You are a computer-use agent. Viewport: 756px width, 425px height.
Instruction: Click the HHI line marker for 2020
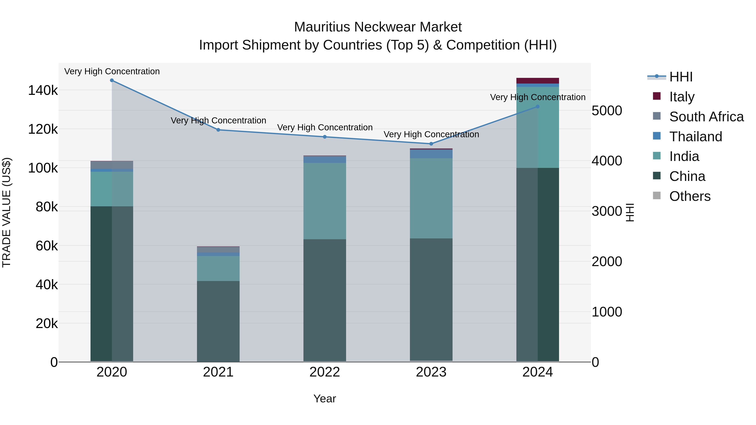(x=112, y=80)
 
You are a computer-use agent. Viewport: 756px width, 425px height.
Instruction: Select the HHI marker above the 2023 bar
(x=431, y=144)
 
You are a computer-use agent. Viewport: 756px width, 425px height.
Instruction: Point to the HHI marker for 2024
(x=538, y=107)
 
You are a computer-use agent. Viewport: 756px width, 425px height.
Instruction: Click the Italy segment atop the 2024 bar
(x=538, y=81)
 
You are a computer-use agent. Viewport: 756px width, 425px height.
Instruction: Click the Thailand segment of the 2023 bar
(x=431, y=154)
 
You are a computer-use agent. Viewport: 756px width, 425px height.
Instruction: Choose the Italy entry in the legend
(x=682, y=97)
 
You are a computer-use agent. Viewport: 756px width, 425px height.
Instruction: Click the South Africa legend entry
(x=706, y=117)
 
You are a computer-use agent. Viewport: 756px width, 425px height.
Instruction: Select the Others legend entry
(x=690, y=196)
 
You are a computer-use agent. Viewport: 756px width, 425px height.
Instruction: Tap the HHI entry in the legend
(x=681, y=77)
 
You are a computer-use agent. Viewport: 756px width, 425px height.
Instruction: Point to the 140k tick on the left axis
(x=43, y=90)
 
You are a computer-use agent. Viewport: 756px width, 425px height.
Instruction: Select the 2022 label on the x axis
(x=325, y=372)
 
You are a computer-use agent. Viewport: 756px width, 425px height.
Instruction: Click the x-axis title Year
(x=325, y=399)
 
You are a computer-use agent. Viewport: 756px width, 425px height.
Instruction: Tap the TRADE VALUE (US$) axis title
(x=7, y=212)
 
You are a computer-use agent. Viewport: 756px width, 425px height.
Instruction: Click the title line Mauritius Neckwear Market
(x=378, y=27)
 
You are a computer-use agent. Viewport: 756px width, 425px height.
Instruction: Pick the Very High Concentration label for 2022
(x=325, y=128)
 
